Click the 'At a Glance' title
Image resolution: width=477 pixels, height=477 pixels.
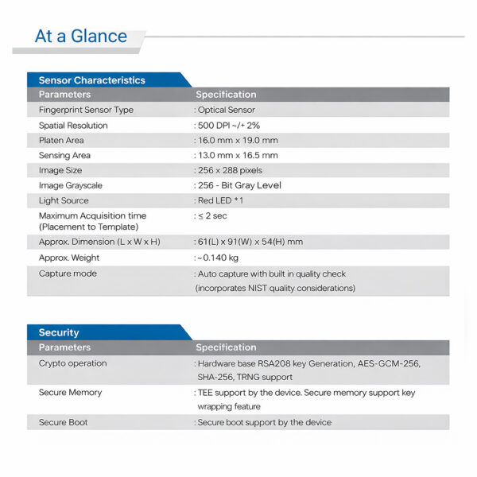(81, 36)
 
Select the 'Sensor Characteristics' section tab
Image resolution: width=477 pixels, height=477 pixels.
(92, 80)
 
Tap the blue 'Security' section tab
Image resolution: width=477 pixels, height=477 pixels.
(59, 332)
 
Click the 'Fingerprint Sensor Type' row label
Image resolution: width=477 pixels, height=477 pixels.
(86, 110)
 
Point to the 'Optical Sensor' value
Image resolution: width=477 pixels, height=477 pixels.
(227, 110)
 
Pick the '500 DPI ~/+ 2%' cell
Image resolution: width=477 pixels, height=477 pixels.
(229, 126)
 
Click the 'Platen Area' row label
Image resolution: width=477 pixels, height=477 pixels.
(61, 141)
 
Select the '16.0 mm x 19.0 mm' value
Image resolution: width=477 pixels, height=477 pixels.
(238, 141)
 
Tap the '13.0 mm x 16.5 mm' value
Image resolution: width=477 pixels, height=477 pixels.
(238, 156)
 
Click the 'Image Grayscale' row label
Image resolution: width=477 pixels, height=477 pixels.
(71, 185)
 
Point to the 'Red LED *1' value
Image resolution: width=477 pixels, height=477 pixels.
(220, 200)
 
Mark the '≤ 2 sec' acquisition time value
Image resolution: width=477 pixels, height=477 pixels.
(214, 215)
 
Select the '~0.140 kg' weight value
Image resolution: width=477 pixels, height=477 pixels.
(217, 258)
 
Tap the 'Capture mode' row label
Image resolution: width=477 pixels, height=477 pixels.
(68, 273)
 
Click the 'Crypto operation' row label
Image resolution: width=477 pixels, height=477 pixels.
(72, 363)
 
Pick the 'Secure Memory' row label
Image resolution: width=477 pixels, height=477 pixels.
(70, 393)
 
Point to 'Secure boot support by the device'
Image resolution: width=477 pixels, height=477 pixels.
(264, 422)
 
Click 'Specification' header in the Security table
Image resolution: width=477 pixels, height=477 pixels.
(226, 347)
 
